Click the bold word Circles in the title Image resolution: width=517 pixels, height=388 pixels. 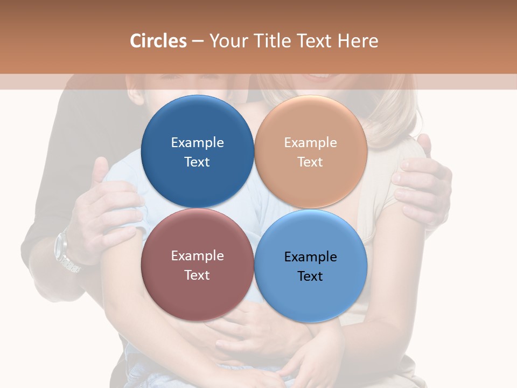[x=158, y=41]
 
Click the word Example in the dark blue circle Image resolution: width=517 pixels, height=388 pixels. [x=197, y=142]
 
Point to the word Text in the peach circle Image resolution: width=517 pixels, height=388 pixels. [x=310, y=162]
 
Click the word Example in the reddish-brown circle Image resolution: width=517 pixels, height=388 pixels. [x=197, y=255]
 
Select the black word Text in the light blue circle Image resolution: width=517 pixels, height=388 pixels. [x=310, y=276]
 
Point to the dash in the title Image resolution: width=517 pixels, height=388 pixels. [x=198, y=41]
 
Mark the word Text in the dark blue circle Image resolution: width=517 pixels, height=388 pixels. [x=197, y=162]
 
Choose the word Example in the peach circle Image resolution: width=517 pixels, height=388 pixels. [x=310, y=142]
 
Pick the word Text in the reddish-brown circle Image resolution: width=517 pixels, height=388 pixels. [x=197, y=275]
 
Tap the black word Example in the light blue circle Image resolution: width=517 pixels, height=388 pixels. [x=310, y=257]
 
